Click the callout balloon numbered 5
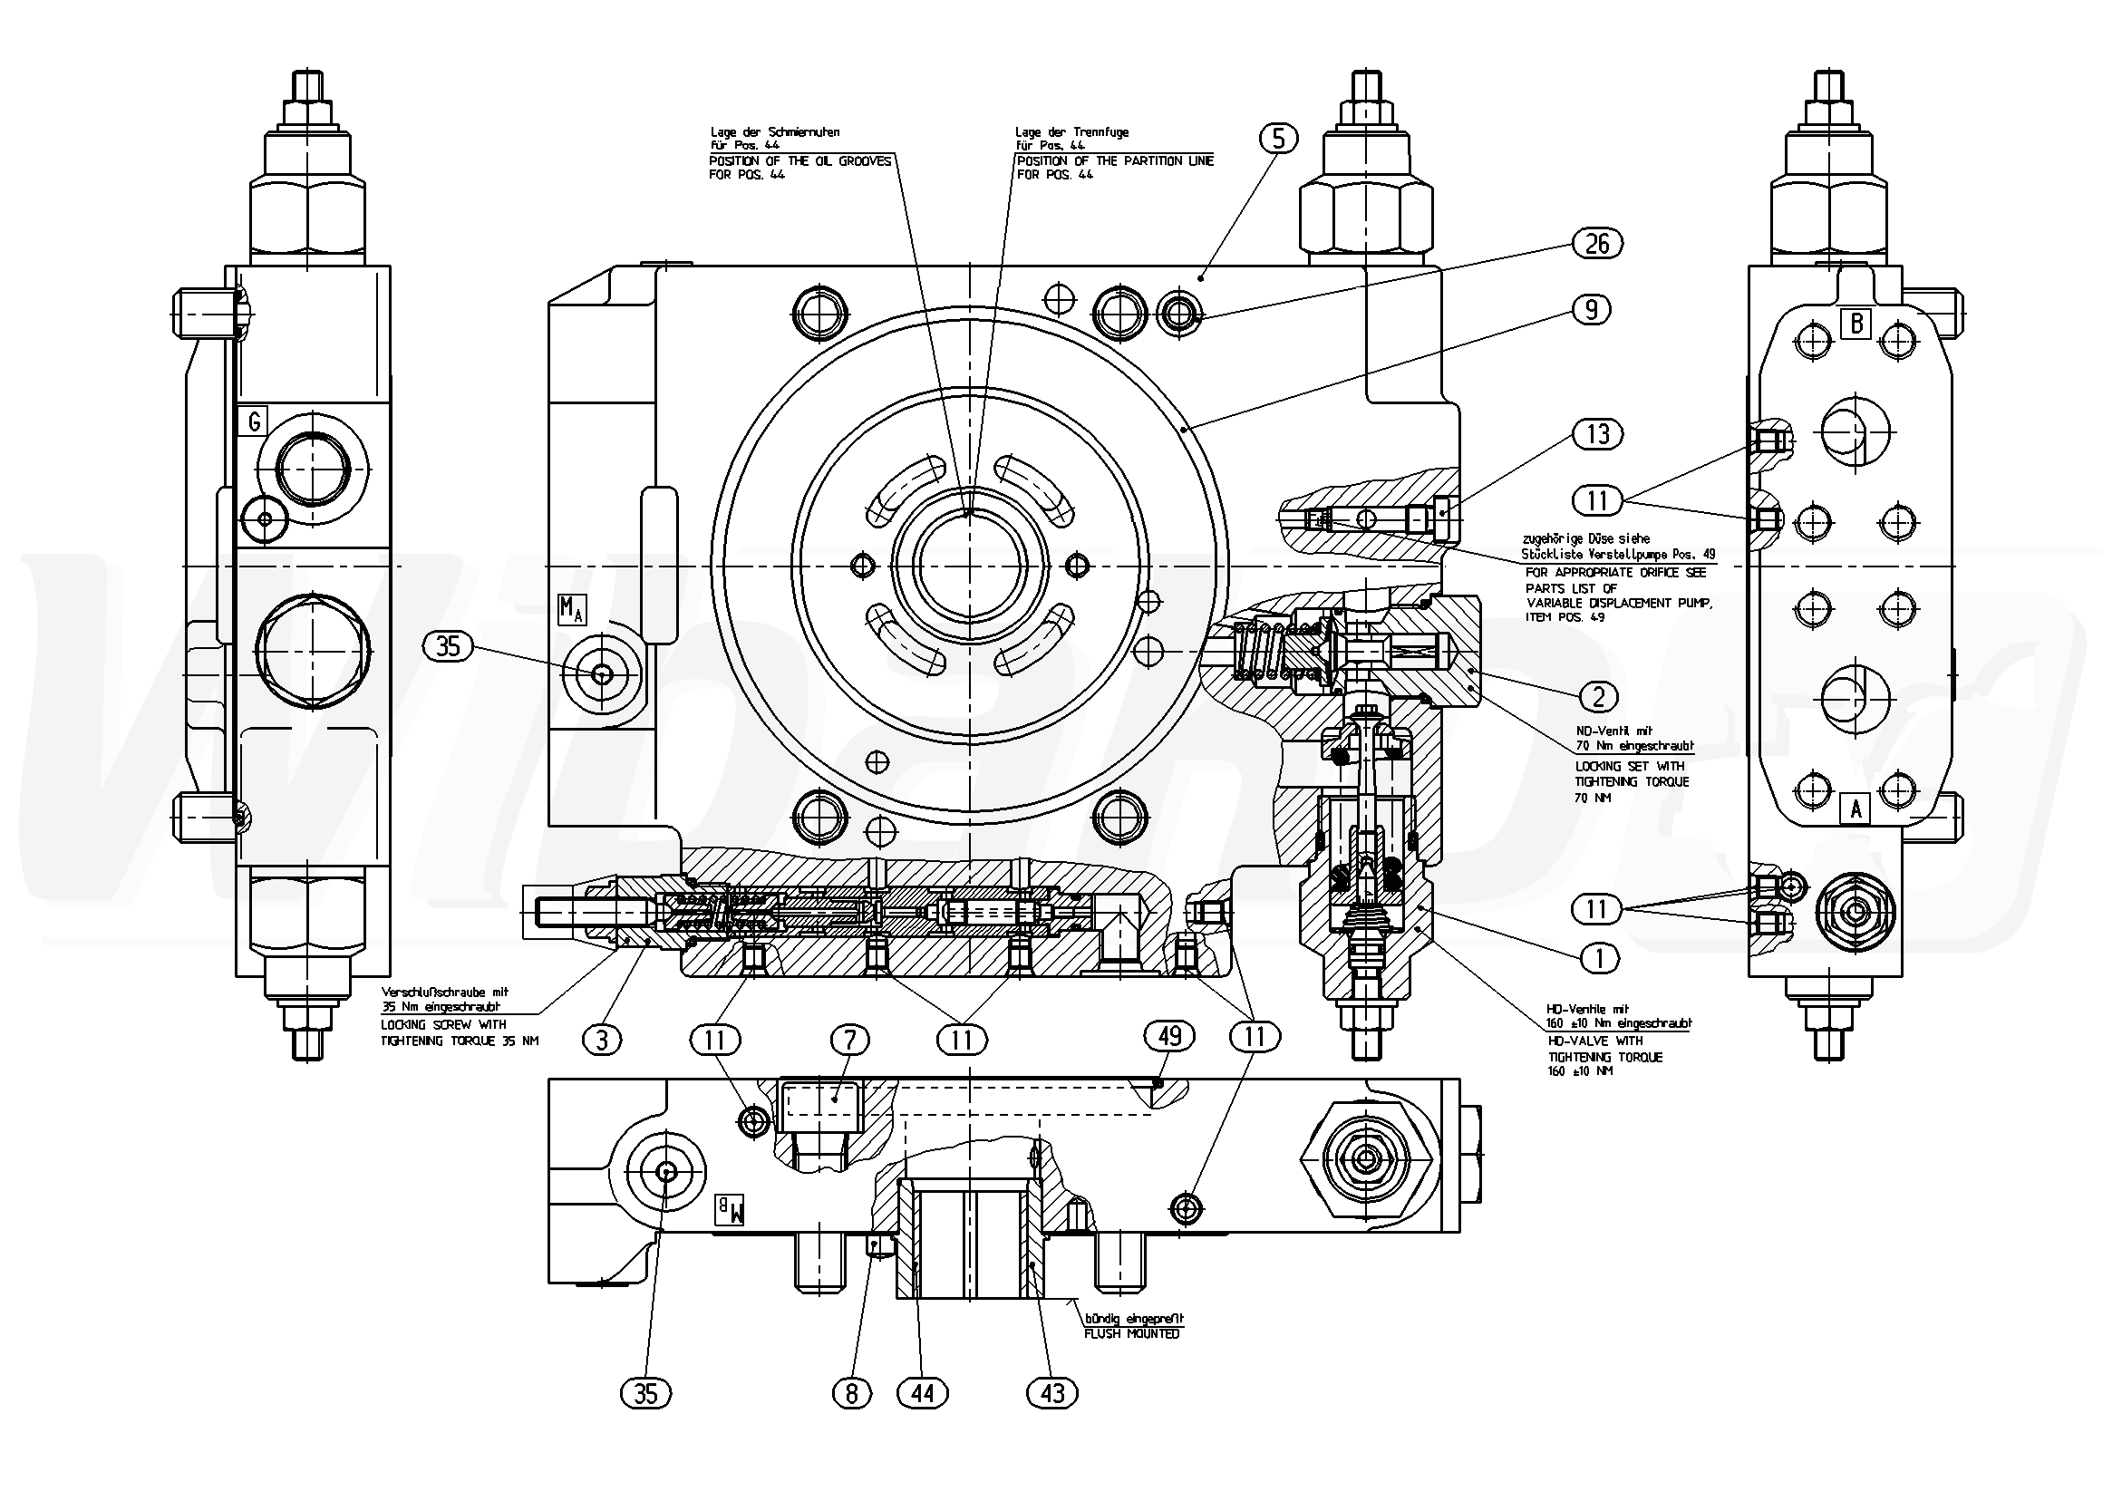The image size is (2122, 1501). [1278, 139]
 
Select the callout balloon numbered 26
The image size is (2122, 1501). [1597, 244]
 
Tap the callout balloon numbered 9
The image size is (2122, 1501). [1592, 310]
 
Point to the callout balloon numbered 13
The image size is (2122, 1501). [1597, 434]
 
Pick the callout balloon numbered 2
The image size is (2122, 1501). [1599, 696]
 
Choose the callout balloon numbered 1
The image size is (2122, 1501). [1599, 958]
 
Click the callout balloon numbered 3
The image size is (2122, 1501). [602, 1041]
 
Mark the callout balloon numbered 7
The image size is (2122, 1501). [850, 1041]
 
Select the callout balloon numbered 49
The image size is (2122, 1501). [1170, 1036]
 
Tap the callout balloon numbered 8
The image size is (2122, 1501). [852, 1393]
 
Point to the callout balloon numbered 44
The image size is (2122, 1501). [924, 1393]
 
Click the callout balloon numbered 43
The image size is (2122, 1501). [1052, 1393]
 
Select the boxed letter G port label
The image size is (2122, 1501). [253, 422]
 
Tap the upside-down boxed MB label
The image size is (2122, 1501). [730, 1210]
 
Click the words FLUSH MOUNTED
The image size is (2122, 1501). [1131, 1334]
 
